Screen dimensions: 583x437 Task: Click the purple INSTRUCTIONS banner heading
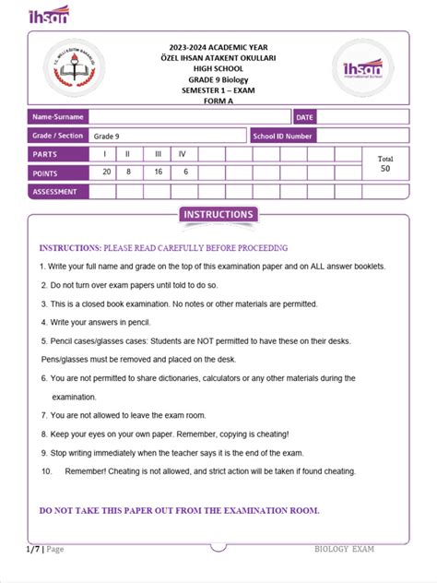pos(218,215)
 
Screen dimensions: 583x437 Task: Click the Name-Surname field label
pos(58,117)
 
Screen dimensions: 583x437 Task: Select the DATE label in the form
pos(305,117)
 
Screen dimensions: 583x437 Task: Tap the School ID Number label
pos(283,137)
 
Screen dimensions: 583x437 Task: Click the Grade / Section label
pos(59,137)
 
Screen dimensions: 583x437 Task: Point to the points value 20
pos(107,173)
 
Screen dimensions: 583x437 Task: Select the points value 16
pos(158,173)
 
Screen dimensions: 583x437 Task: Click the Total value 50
pos(384,169)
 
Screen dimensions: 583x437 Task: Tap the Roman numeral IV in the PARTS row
pos(183,154)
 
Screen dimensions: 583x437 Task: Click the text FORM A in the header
pos(219,102)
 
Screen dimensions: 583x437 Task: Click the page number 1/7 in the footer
pos(34,549)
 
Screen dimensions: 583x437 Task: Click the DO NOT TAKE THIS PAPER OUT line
pos(179,510)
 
